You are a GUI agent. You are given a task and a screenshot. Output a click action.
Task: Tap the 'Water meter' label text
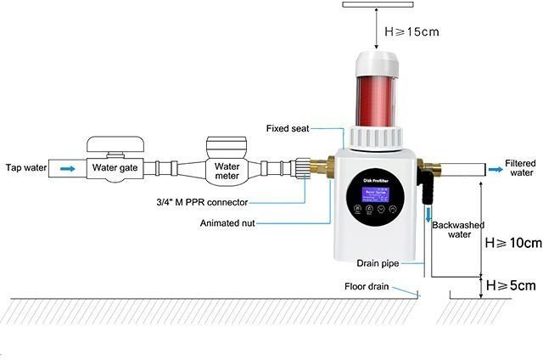[227, 172]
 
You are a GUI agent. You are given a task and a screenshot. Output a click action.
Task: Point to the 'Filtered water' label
[519, 167]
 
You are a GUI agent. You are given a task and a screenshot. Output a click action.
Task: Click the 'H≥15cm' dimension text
[413, 32]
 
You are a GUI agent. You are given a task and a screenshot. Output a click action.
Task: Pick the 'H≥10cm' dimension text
[512, 244]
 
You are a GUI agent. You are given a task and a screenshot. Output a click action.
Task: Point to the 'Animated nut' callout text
[227, 223]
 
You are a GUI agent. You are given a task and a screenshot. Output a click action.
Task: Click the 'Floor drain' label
[367, 286]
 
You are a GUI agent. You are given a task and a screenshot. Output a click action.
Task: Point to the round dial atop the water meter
[226, 144]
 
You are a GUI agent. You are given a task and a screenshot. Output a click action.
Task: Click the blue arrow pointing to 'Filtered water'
[492, 170]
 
